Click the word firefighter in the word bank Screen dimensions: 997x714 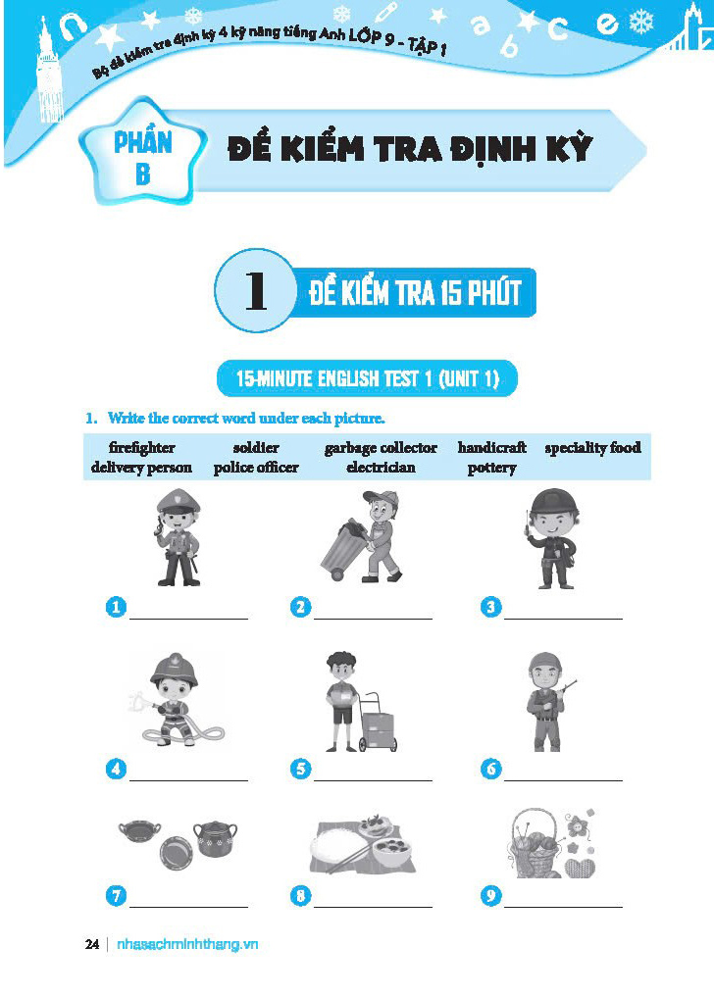pos(142,448)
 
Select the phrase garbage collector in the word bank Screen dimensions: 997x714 pos(381,448)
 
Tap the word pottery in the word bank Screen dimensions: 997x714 pos(491,468)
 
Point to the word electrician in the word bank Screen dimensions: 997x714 pos(381,468)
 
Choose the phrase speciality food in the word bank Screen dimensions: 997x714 pos(592,448)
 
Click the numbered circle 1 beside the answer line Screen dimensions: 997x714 pos(117,608)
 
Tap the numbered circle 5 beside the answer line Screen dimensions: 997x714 pos(301,769)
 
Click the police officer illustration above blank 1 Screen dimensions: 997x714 pos(177,538)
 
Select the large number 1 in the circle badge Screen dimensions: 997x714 pos(255,291)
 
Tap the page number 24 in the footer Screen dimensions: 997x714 pos(92,944)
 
